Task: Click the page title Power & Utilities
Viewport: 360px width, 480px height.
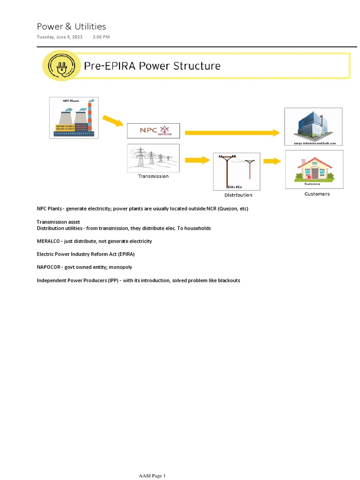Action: (72, 27)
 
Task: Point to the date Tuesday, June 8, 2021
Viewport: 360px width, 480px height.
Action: (60, 37)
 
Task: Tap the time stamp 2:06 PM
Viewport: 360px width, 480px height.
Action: (101, 37)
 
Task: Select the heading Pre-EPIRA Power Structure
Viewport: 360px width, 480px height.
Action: (152, 66)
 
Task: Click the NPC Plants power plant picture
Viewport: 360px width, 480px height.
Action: (74, 118)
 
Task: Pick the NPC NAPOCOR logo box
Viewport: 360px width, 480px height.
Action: (153, 130)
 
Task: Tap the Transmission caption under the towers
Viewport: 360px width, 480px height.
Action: (153, 176)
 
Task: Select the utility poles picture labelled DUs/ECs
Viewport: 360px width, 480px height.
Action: (237, 171)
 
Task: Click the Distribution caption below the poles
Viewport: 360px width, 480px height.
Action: (238, 195)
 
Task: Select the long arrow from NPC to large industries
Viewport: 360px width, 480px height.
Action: (232, 133)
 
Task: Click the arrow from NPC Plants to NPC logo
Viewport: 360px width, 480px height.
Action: (113, 121)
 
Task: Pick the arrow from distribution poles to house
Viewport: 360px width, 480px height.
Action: (272, 161)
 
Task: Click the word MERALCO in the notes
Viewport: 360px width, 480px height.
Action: (48, 241)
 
